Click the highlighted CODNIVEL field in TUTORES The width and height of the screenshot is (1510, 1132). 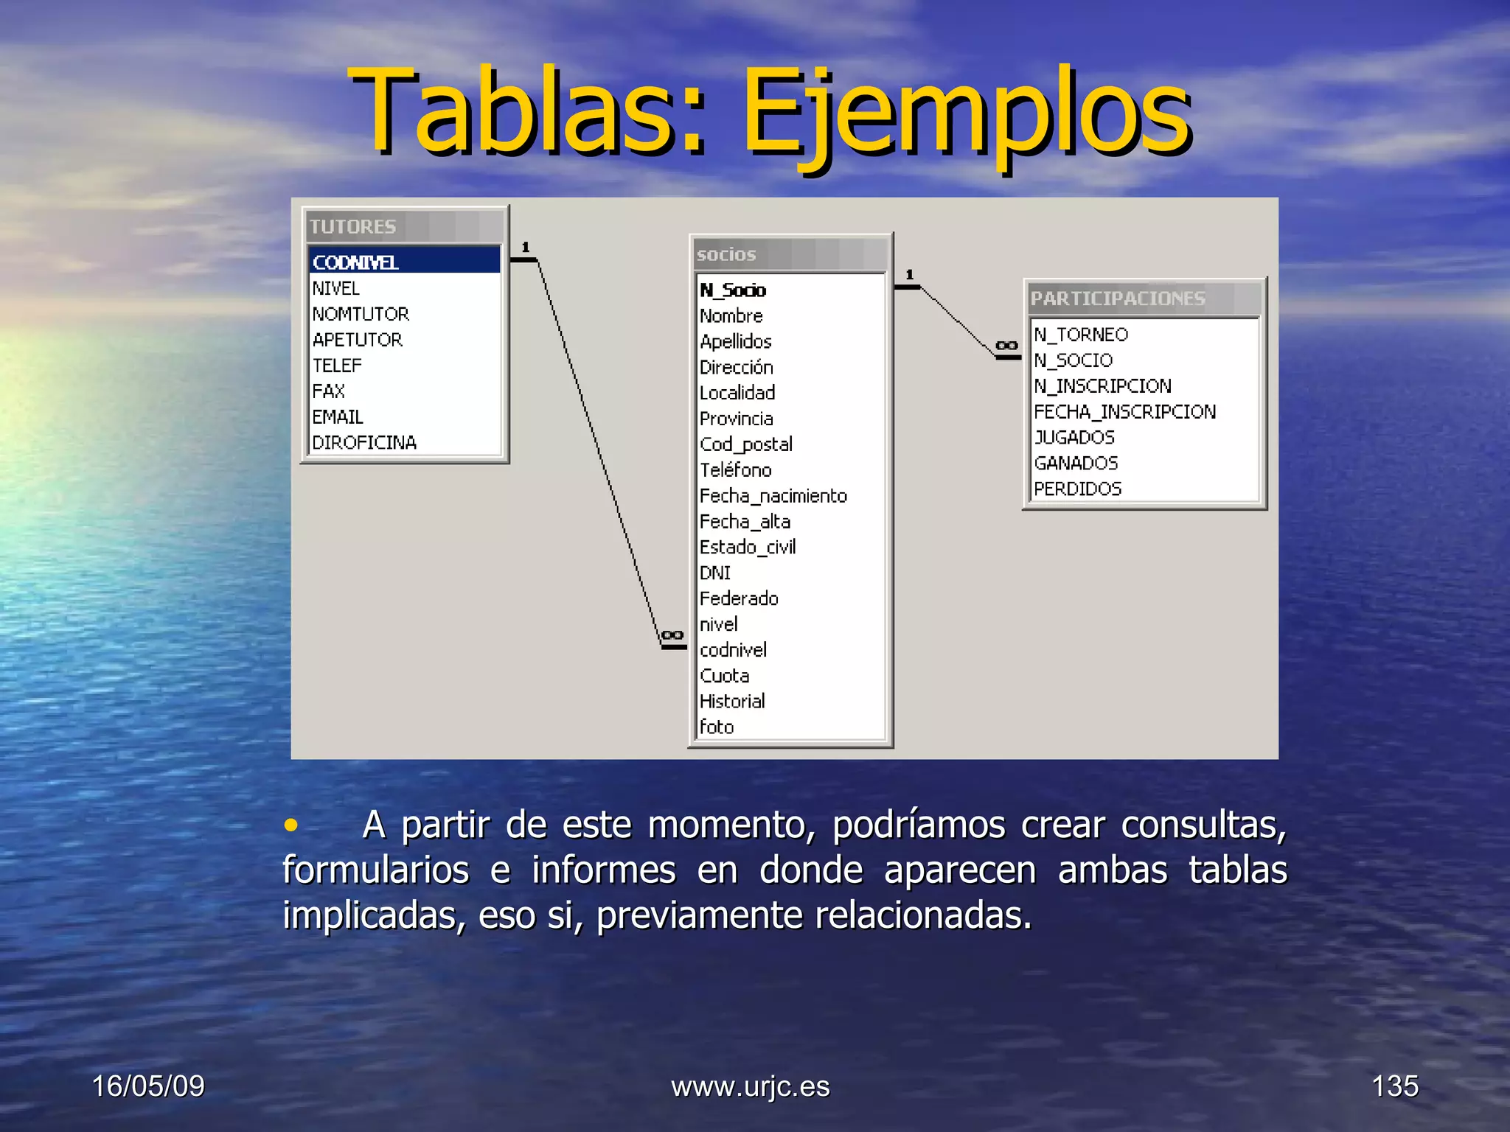click(355, 262)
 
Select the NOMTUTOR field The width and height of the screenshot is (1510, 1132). click(361, 314)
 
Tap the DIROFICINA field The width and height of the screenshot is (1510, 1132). click(364, 442)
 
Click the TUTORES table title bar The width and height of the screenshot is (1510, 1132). click(404, 226)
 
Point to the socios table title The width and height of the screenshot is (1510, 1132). click(726, 254)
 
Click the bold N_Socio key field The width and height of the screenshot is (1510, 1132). click(733, 290)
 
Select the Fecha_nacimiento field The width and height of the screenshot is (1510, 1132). click(773, 496)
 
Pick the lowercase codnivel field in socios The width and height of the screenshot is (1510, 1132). click(733, 650)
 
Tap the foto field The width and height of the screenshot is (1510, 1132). click(717, 727)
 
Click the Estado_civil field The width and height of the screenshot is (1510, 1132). click(748, 547)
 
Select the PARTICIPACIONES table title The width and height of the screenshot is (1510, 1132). click(1118, 298)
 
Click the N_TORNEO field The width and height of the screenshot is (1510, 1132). click(1081, 335)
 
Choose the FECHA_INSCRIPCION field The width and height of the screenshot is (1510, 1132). click(1124, 412)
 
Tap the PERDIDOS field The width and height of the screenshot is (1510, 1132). click(1077, 489)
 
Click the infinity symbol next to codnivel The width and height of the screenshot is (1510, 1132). click(672, 635)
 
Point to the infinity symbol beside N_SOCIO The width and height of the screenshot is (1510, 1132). click(1006, 345)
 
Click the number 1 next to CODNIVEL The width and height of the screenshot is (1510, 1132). click(526, 247)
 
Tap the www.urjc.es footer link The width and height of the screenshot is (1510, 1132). click(751, 1086)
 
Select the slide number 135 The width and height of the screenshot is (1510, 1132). click(1394, 1086)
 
